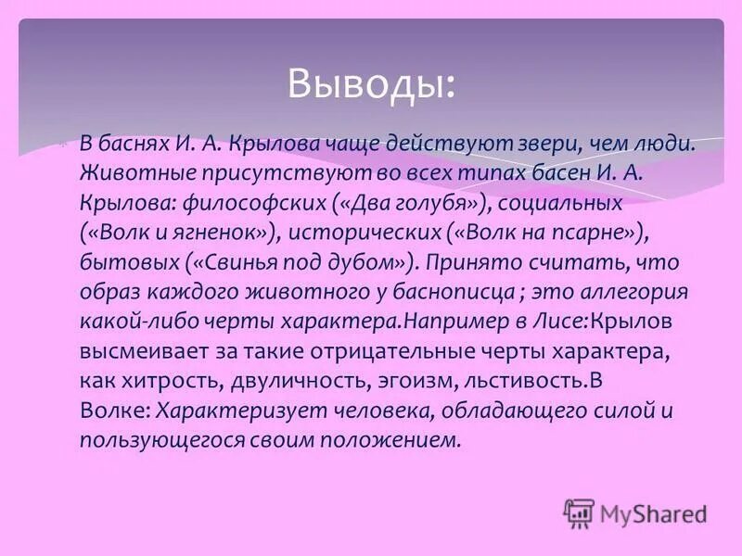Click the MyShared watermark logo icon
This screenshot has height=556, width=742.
(x=579, y=512)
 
